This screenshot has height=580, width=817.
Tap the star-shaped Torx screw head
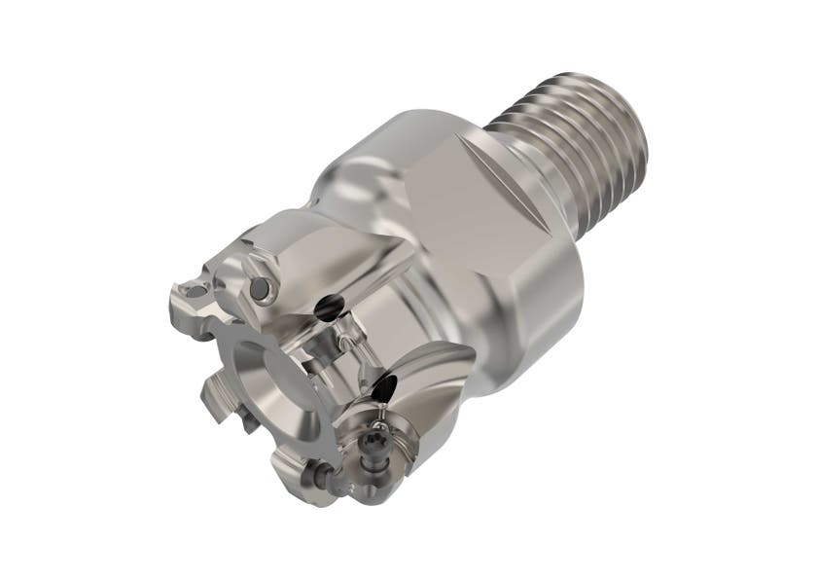pyautogui.click(x=373, y=449)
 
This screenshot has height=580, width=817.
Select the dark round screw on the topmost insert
pyautogui.click(x=260, y=289)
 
